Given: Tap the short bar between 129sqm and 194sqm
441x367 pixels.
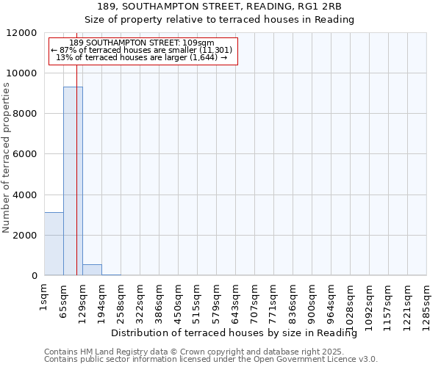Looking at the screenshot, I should [x=92, y=269].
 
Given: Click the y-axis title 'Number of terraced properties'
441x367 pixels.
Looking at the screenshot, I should [x=7, y=158].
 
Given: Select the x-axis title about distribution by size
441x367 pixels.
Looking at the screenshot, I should [x=239, y=333].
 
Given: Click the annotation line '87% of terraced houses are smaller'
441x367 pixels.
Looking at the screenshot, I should [x=142, y=50].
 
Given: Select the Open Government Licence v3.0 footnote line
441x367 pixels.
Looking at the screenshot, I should [x=211, y=360].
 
